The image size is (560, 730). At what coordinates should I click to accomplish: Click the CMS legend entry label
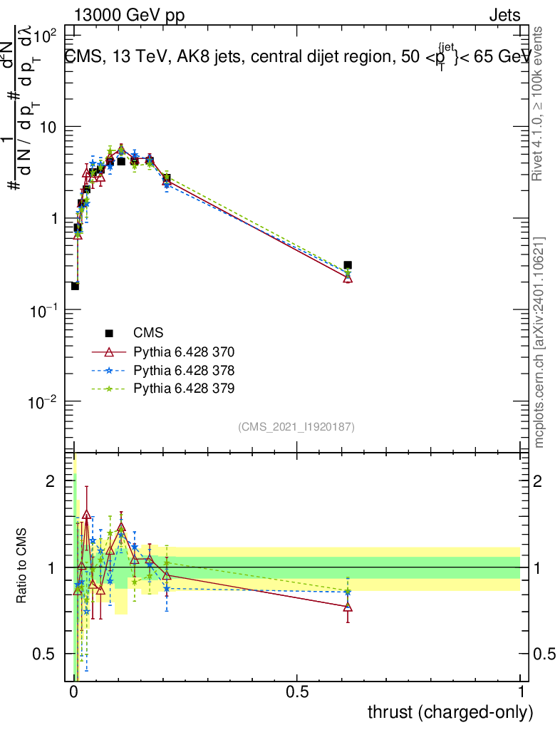(x=148, y=333)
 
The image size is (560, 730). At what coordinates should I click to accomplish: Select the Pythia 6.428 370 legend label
(x=184, y=351)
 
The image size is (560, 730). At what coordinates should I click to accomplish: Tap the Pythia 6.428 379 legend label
(x=184, y=389)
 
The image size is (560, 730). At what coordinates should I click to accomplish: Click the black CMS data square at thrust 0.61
(x=348, y=265)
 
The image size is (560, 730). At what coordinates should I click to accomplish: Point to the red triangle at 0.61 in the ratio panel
(x=348, y=607)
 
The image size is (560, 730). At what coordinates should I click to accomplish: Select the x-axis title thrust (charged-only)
(x=450, y=712)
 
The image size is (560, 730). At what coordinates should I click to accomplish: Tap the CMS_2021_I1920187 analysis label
(x=296, y=427)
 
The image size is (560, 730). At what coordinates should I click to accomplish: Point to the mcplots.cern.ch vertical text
(x=539, y=342)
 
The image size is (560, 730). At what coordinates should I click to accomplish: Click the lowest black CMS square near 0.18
(x=75, y=286)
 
